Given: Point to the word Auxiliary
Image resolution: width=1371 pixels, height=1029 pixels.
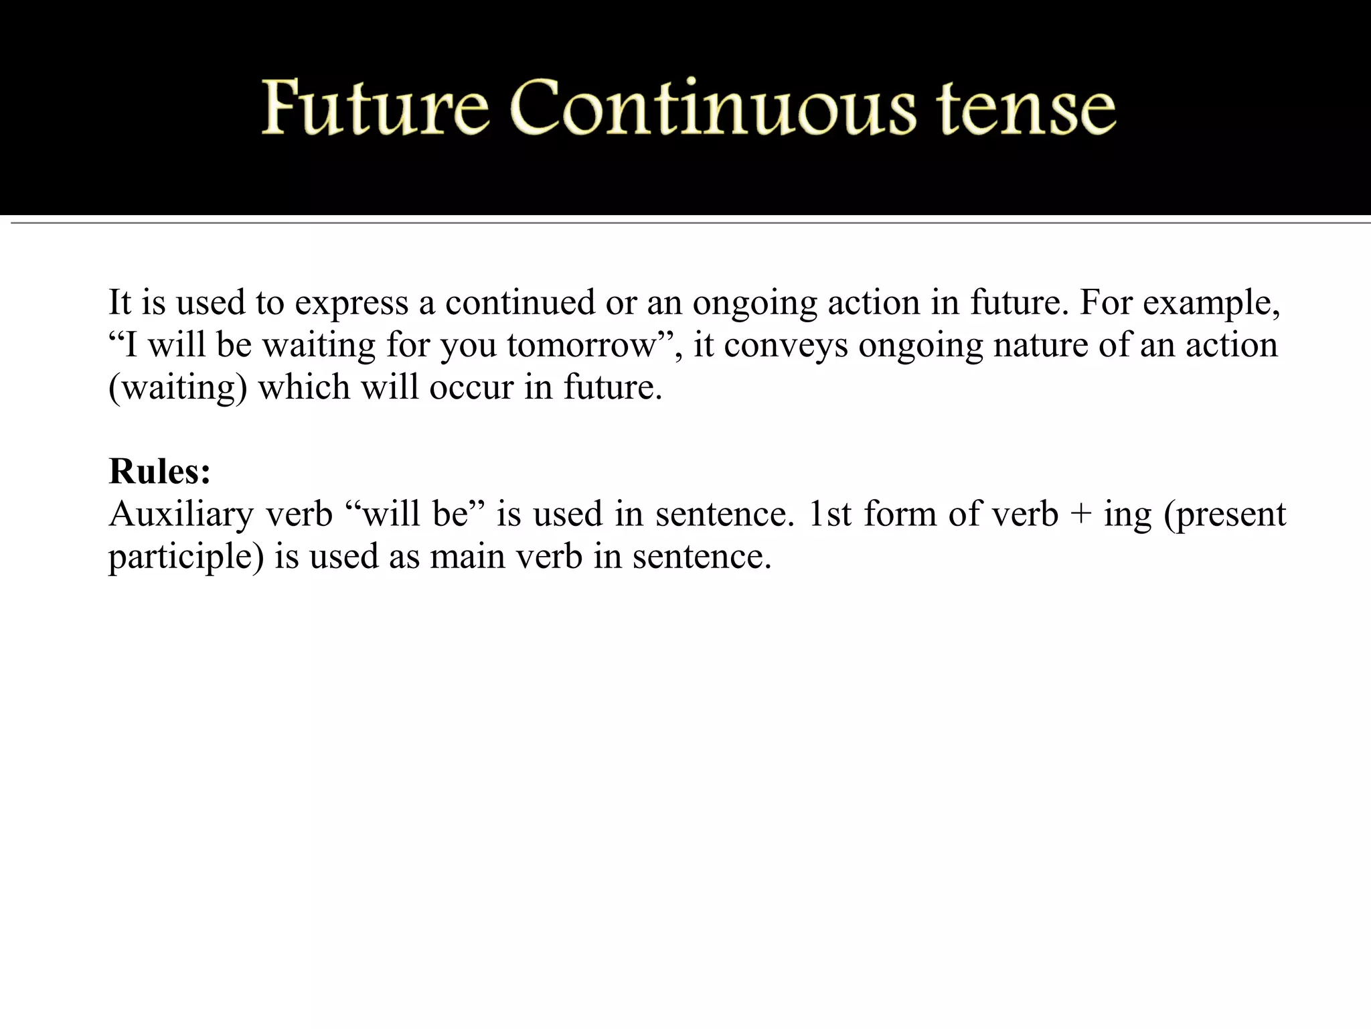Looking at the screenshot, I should pos(181,514).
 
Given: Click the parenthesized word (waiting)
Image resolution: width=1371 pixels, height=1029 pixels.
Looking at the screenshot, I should pos(178,388).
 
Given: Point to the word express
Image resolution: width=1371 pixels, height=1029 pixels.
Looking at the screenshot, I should pos(351,303).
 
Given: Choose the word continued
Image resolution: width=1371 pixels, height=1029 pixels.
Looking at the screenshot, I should pos(519,302).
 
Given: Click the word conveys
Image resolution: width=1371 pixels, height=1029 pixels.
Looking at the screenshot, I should pos(785,346).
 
